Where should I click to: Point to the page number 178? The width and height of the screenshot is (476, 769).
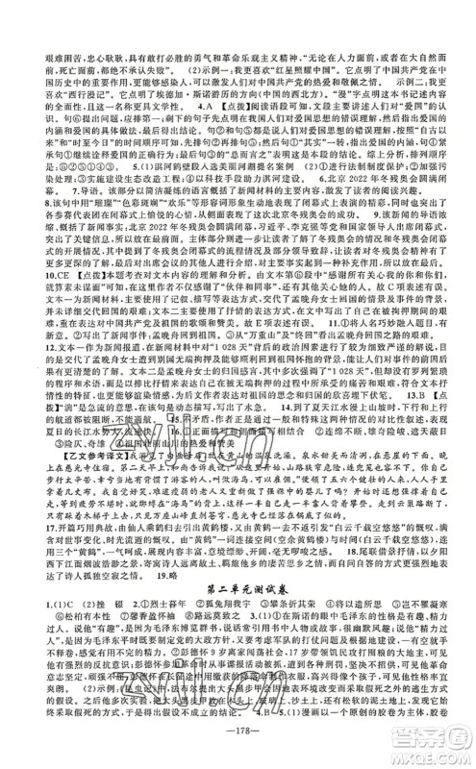(x=238, y=749)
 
